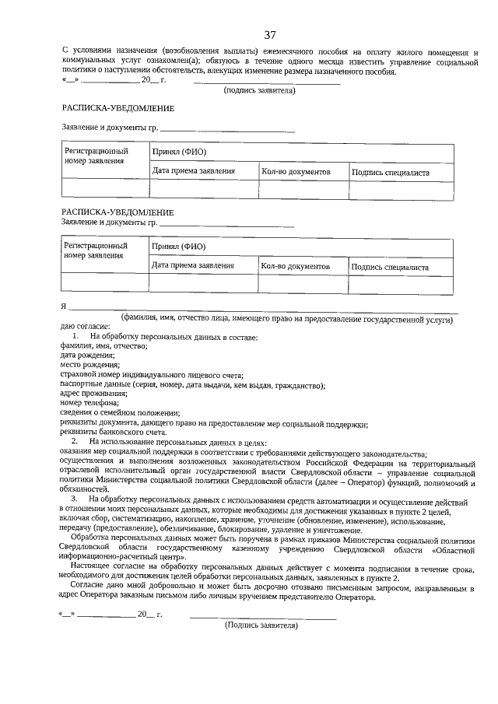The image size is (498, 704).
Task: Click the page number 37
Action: [x=270, y=35]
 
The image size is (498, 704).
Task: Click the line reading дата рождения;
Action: [x=87, y=356]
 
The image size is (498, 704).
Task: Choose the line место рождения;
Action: [x=88, y=365]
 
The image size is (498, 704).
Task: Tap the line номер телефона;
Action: [x=89, y=403]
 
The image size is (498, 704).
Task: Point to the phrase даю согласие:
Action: [x=85, y=327]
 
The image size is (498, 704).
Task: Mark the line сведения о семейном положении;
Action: [x=120, y=413]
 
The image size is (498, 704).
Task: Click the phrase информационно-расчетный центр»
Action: [x=123, y=557]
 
